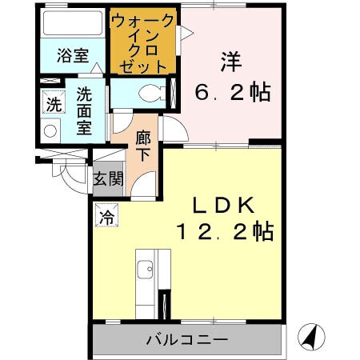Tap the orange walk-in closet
coord(145,42)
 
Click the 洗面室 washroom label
coord(86,113)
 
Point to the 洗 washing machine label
coord(53,103)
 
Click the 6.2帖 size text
coord(233,92)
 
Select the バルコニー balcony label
coord(187,340)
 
